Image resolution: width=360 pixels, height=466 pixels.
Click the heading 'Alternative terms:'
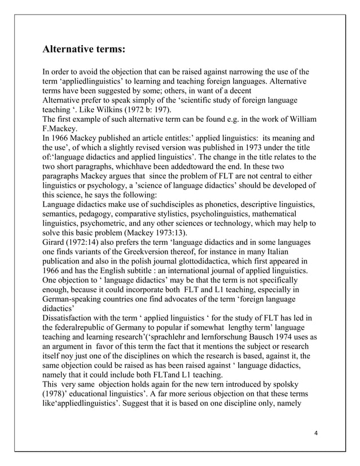point(84,49)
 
